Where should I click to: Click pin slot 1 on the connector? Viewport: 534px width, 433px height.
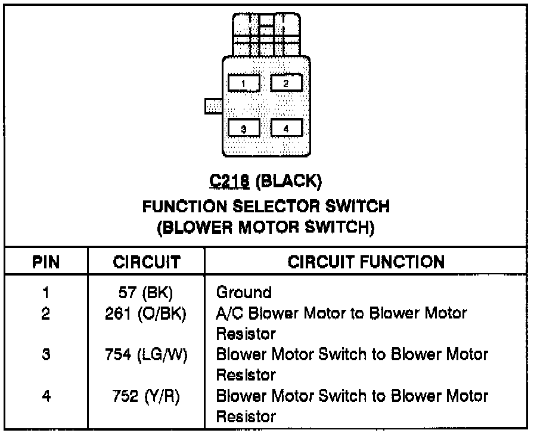(244, 82)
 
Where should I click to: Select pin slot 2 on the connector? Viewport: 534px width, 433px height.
(286, 82)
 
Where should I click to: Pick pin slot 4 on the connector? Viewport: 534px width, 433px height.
(286, 128)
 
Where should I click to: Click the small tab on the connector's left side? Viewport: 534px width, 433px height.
(213, 106)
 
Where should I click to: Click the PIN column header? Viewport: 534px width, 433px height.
(45, 262)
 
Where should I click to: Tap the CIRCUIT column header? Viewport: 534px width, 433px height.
(146, 262)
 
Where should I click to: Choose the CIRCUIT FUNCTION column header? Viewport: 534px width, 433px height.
(366, 262)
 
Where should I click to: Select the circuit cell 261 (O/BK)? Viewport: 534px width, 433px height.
(146, 313)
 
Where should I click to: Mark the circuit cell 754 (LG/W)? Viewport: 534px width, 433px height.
(146, 355)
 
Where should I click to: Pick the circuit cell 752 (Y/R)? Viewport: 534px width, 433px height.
(146, 397)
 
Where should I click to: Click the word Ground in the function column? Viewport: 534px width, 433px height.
(244, 292)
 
